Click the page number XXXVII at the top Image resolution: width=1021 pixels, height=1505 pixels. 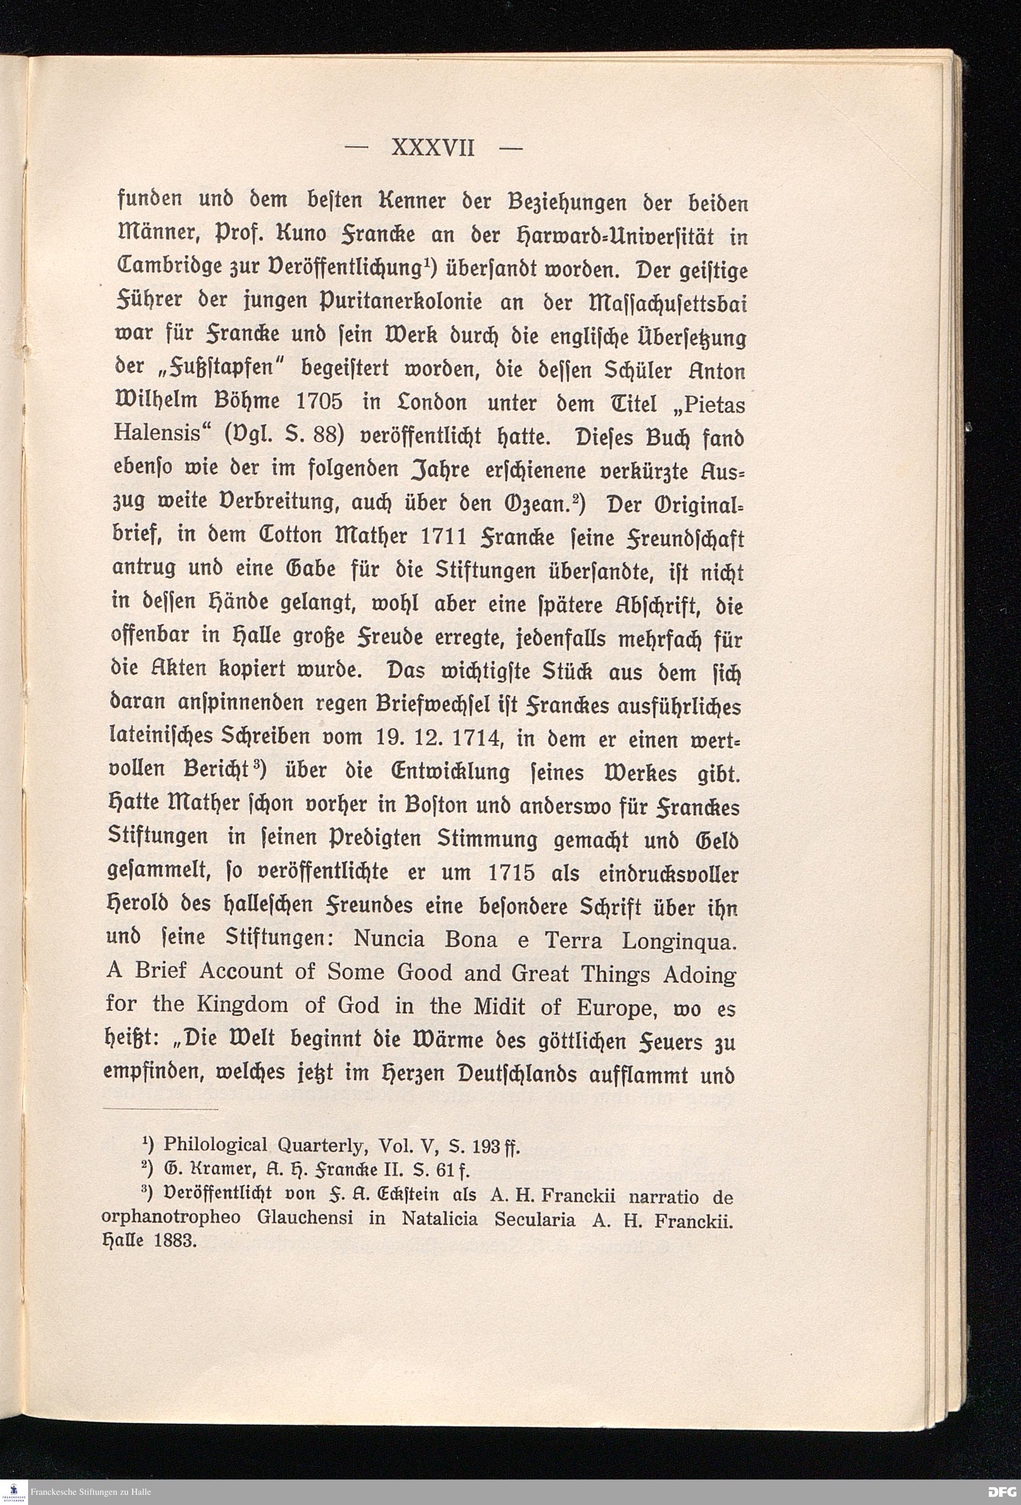(433, 149)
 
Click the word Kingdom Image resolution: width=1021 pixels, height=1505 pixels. (242, 1006)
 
